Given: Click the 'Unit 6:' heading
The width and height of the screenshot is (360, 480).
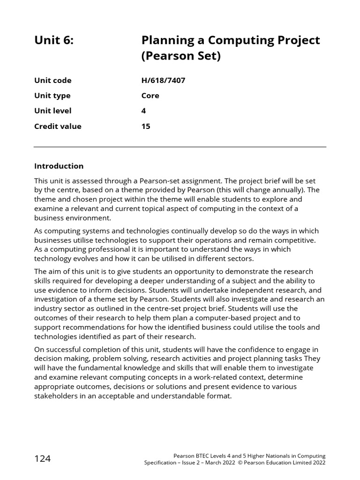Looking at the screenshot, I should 54,40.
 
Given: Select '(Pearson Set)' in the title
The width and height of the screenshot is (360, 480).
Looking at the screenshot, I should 180,57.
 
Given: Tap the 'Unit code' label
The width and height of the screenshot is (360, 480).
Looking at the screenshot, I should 53,80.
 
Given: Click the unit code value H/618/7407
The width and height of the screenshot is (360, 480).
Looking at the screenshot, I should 163,80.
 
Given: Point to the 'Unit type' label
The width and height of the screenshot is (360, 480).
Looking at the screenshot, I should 52,96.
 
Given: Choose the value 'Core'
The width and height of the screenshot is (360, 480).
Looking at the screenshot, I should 150,96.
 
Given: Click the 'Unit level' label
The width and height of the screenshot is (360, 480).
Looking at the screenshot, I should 53,111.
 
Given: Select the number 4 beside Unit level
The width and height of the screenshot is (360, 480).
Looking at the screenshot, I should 143,111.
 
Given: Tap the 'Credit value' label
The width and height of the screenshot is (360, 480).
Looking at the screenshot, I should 58,126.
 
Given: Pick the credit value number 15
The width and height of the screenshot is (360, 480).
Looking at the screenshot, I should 146,126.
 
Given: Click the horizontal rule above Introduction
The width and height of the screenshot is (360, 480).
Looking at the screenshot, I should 180,147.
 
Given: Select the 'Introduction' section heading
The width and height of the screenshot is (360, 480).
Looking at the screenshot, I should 59,166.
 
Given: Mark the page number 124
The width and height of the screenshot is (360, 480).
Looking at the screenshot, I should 43,459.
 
